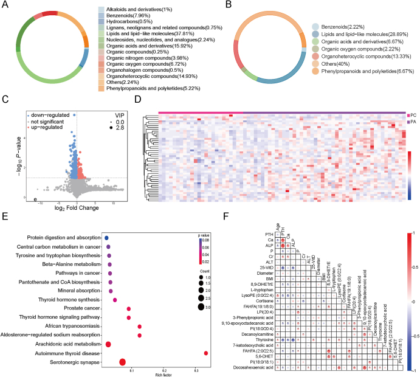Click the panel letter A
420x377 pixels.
5,5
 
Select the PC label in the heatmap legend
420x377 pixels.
415,114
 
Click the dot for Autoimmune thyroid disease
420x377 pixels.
206,353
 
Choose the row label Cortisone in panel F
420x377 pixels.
260,302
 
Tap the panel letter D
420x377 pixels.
137,98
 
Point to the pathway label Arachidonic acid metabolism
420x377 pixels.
60,344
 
